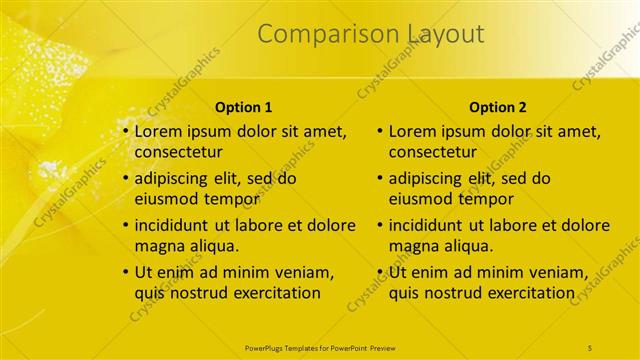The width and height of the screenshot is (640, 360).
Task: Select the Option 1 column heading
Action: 244,107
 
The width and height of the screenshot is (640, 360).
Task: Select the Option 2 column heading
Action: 497,107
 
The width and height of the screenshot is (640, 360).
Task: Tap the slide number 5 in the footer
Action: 590,347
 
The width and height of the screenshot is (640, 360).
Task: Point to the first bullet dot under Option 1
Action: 126,131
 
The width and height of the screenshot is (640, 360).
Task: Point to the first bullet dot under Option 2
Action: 380,131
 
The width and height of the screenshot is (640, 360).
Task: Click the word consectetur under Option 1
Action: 178,153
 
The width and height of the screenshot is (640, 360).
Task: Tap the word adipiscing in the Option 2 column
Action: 429,179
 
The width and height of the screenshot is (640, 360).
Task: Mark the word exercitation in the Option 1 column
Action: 274,293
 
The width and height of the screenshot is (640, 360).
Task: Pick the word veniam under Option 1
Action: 305,272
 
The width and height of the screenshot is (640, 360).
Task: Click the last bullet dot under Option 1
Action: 126,272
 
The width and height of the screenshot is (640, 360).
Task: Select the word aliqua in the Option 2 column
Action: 462,246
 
